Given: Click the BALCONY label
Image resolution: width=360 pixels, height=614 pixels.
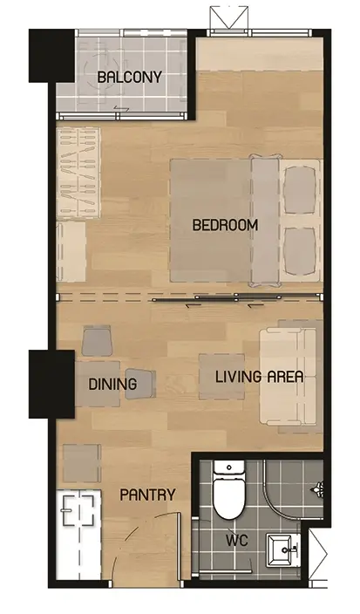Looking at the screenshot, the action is click(129, 77).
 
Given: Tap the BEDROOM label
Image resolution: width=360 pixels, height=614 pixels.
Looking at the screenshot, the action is click(226, 225).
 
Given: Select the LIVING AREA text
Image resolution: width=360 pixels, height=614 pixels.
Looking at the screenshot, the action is click(260, 377).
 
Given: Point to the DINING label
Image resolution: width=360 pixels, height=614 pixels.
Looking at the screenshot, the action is click(112, 384).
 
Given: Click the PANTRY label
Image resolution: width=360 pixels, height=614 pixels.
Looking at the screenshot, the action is click(147, 495).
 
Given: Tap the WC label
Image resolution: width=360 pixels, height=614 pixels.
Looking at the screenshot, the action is click(237, 541).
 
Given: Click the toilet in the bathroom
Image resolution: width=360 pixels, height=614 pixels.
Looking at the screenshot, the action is click(229, 490).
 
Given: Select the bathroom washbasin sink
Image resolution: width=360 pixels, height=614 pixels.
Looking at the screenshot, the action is click(283, 550).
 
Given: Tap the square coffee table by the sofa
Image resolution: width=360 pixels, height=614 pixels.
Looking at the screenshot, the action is click(222, 377).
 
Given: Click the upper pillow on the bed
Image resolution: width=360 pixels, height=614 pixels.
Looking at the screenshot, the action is click(300, 190).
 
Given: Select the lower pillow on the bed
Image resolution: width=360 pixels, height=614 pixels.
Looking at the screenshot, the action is click(300, 251).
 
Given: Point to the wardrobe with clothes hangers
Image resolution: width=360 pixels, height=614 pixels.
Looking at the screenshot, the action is click(78, 173).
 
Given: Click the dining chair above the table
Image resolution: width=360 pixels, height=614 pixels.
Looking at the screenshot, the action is click(98, 341).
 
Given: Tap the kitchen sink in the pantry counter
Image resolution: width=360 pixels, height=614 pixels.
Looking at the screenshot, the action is click(78, 510).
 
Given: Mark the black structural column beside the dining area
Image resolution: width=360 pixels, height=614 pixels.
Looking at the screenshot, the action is click(51, 384).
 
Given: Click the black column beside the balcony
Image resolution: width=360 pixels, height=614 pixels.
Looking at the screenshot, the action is click(51, 56).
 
